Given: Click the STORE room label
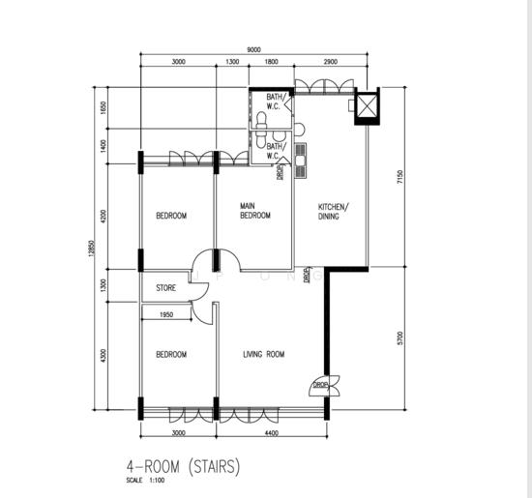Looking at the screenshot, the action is pos(166,288).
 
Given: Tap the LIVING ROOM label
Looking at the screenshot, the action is pos(264,354).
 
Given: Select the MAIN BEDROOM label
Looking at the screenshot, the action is pos(255,211).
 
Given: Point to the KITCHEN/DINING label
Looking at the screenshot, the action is pos(333,212).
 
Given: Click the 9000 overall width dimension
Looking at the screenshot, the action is pos(253,50).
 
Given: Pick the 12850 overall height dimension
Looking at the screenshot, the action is pos(91,249).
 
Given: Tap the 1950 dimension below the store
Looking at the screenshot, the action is pos(166,315).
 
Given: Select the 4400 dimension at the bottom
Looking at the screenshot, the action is pos(272,433).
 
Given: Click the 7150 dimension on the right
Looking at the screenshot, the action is pos(400,177).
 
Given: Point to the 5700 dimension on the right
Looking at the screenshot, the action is pos(400,338).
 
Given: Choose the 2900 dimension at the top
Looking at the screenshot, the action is pos(331,62).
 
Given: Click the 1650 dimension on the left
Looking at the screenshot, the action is pos(103,108).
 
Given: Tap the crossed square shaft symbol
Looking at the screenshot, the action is pos(366,105).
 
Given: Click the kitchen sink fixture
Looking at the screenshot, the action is pos(301,161).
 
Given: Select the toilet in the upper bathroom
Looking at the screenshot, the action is pos(261,121).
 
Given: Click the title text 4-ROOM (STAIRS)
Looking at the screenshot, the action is pos(183,466).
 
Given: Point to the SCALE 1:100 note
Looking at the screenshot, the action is pos(145,481).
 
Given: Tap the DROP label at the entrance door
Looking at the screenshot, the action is pos(320,385).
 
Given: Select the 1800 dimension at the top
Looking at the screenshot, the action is pos(271,62).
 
